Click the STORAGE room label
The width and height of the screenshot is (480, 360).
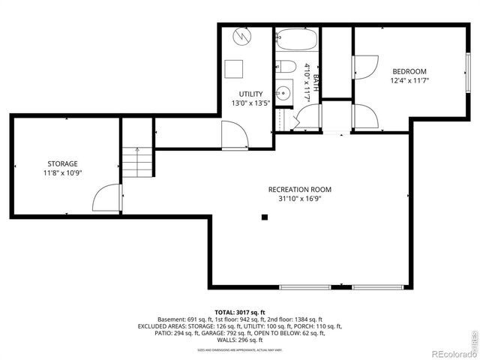click(x=62, y=163)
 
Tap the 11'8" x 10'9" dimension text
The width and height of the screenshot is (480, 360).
click(x=62, y=173)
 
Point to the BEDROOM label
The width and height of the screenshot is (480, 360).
click(x=409, y=72)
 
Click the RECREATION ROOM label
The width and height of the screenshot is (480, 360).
click(x=299, y=190)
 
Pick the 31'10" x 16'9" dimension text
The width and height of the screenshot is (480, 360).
click(x=299, y=199)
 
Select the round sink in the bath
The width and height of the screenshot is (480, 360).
click(x=283, y=94)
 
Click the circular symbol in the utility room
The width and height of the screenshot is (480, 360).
click(x=242, y=36)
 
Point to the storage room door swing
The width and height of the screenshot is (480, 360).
click(x=106, y=199)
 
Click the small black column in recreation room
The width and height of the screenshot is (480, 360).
click(x=264, y=217)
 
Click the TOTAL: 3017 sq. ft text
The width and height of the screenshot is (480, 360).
click(x=240, y=312)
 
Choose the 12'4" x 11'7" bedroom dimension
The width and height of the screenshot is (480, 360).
click(x=409, y=82)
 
